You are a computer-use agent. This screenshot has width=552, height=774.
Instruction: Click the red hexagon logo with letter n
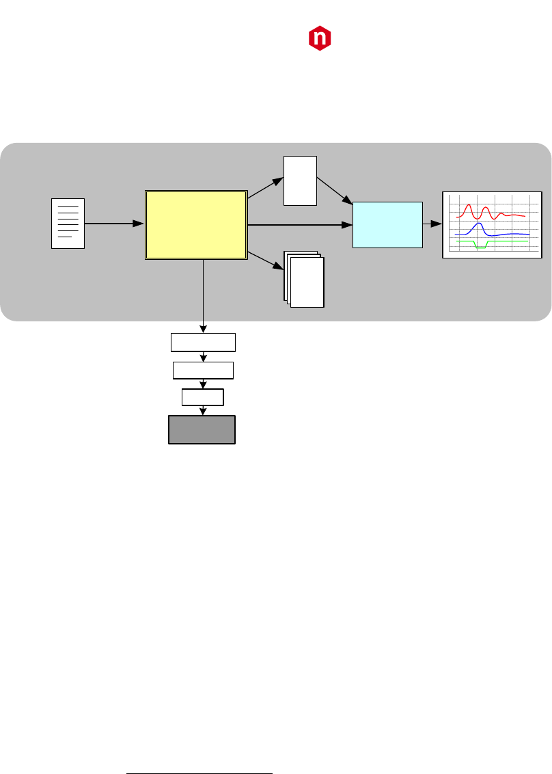[x=319, y=39]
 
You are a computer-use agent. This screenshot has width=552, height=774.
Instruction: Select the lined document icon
[x=68, y=223]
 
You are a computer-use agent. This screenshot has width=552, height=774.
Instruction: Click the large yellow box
[x=196, y=225]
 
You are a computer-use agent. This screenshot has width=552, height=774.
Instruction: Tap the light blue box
[x=387, y=224]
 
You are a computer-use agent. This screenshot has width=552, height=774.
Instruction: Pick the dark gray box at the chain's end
[x=202, y=430]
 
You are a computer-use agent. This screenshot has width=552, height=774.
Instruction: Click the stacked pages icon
[x=304, y=280]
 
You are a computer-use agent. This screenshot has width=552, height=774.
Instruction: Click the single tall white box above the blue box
[x=300, y=181]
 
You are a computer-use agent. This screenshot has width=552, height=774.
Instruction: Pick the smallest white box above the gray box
[x=202, y=397]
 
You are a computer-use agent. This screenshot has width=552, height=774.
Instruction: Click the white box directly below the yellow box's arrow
[x=203, y=342]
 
